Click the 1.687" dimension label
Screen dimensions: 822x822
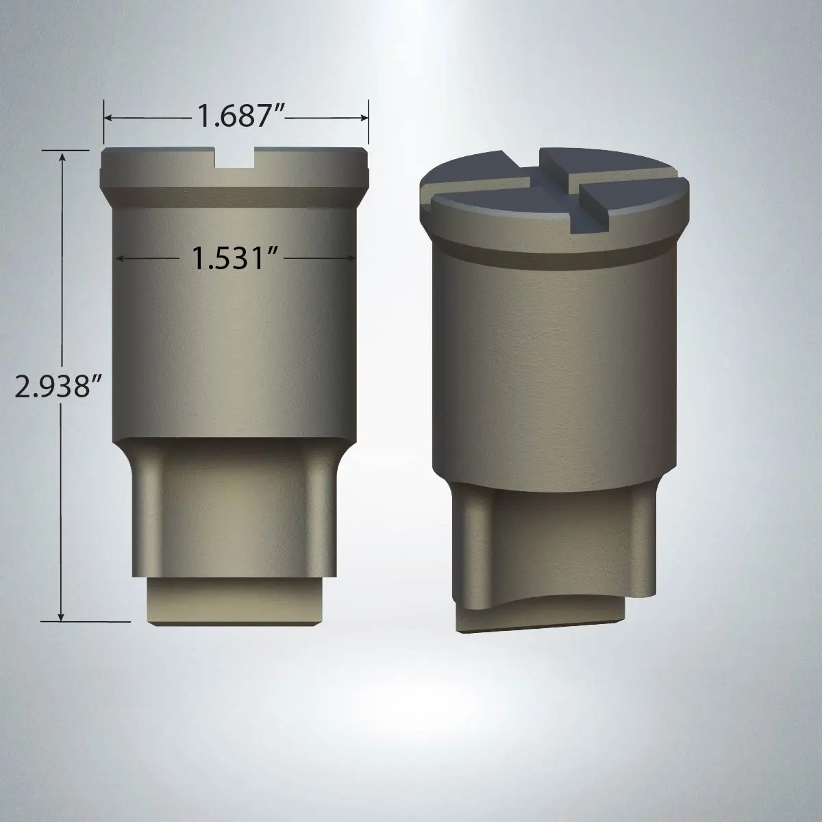tap(241, 116)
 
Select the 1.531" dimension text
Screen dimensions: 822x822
tap(235, 258)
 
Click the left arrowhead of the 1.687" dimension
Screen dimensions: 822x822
tap(108, 117)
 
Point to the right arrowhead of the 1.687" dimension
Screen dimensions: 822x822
tap(364, 118)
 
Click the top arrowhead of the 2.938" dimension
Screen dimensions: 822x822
tap(62, 157)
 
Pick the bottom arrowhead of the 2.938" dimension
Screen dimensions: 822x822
tap(62, 616)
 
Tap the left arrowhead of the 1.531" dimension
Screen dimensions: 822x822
tap(121, 258)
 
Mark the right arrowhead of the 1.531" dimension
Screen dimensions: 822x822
tap(351, 258)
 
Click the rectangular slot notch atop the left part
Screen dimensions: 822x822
tap(235, 158)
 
